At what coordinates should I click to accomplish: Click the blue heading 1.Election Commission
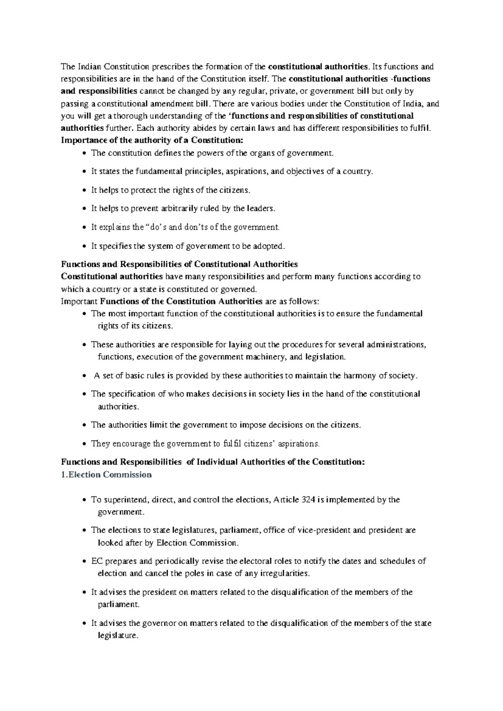click(106, 475)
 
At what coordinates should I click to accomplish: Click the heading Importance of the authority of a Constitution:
click(152, 140)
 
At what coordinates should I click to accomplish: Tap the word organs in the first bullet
click(261, 153)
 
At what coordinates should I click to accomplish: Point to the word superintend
click(126, 500)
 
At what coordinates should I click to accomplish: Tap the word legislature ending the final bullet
click(117, 635)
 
